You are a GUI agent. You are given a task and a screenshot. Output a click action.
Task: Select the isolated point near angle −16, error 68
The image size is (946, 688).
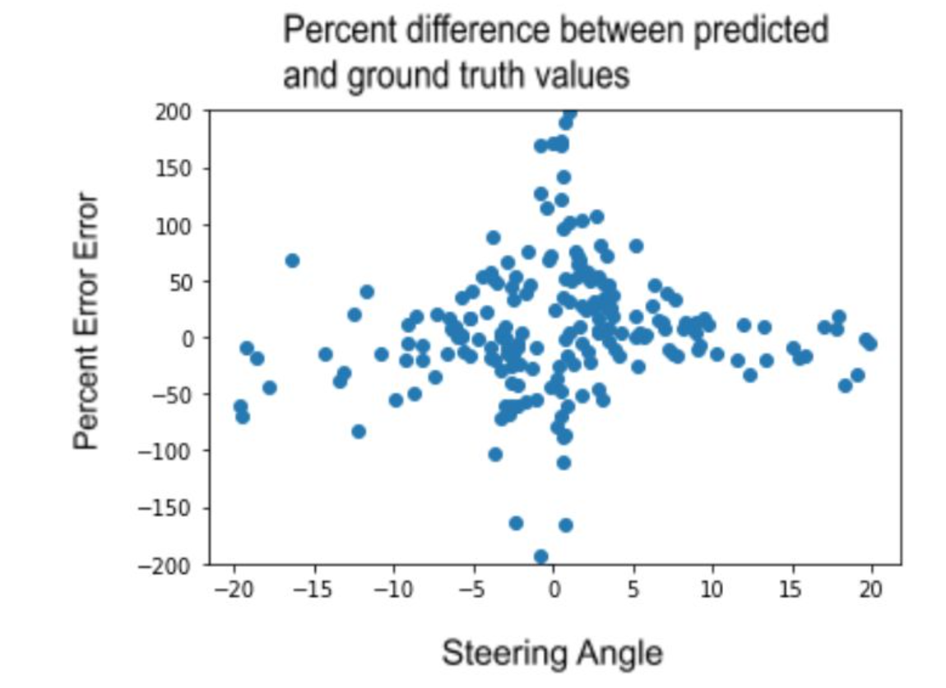[292, 261]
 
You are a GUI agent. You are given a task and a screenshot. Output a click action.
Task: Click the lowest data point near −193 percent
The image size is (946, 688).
[540, 556]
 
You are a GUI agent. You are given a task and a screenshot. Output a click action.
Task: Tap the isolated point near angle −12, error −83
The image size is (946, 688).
[359, 431]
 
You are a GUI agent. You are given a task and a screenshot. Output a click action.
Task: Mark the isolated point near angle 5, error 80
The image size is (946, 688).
[636, 246]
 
